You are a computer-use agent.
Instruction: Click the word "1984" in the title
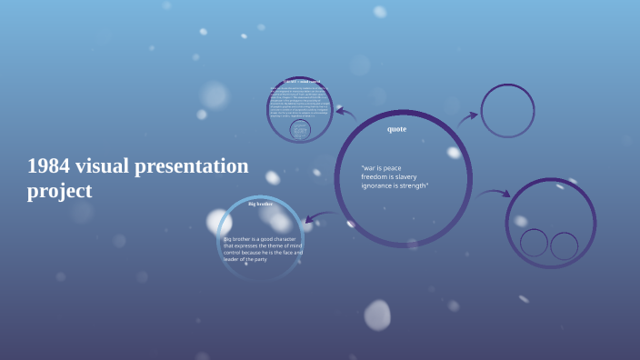click(48, 166)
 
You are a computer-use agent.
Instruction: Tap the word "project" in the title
click(59, 192)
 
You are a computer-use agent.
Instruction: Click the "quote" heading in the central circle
click(396, 129)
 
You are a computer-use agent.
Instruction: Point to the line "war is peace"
click(381, 168)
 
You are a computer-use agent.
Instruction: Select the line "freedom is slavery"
click(389, 176)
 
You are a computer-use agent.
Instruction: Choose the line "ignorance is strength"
click(395, 185)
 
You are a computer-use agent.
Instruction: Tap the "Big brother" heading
click(260, 204)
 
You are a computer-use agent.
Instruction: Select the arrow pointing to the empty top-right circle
click(467, 117)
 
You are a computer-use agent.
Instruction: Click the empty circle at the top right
click(507, 111)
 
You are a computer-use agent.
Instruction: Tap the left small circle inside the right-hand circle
click(534, 243)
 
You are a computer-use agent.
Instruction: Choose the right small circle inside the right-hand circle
click(565, 245)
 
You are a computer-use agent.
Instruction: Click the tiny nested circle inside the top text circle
click(300, 130)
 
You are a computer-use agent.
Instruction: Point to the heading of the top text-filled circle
click(301, 82)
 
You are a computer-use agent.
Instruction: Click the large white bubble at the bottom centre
click(377, 315)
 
